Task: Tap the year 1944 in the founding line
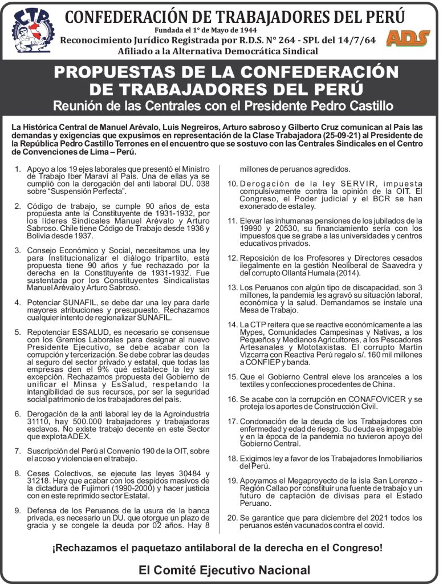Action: [243, 30]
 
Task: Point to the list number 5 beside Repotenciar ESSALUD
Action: [18, 331]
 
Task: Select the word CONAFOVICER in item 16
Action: [373, 399]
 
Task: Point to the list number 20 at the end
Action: [231, 518]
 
